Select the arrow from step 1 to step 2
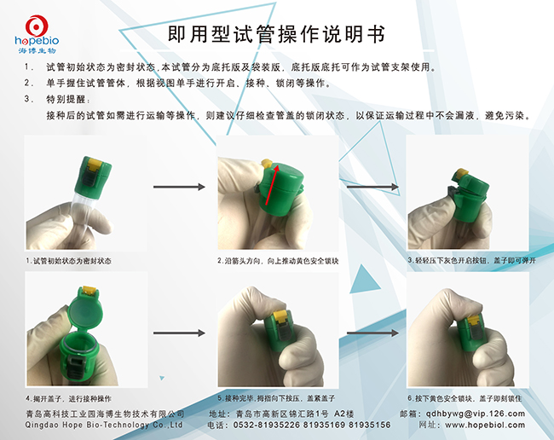point(179,186)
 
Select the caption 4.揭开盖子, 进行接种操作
point(68,398)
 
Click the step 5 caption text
point(278,398)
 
